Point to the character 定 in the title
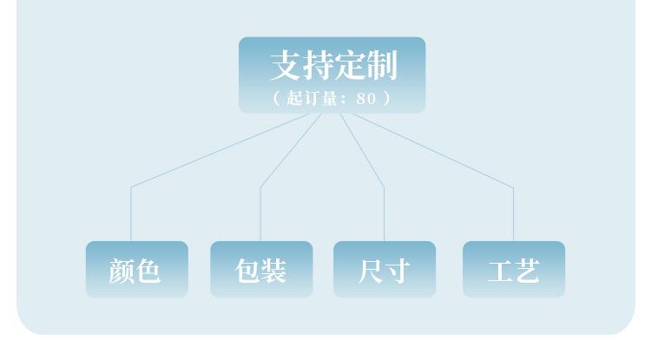pos(350,65)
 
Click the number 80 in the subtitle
pos(366,98)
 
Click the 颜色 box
pos(136,270)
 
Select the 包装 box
pos(261,270)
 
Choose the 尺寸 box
pos(385,270)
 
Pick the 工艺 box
pos(514,270)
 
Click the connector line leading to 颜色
pos(131,213)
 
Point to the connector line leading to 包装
pos(260,213)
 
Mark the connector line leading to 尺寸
pos(384,213)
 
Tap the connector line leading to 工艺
pos(513,213)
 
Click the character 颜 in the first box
pos(122,271)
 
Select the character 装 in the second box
pos(275,271)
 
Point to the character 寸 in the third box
pos(398,271)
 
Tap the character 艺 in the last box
pos(528,271)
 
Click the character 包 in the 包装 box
pos(247,271)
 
